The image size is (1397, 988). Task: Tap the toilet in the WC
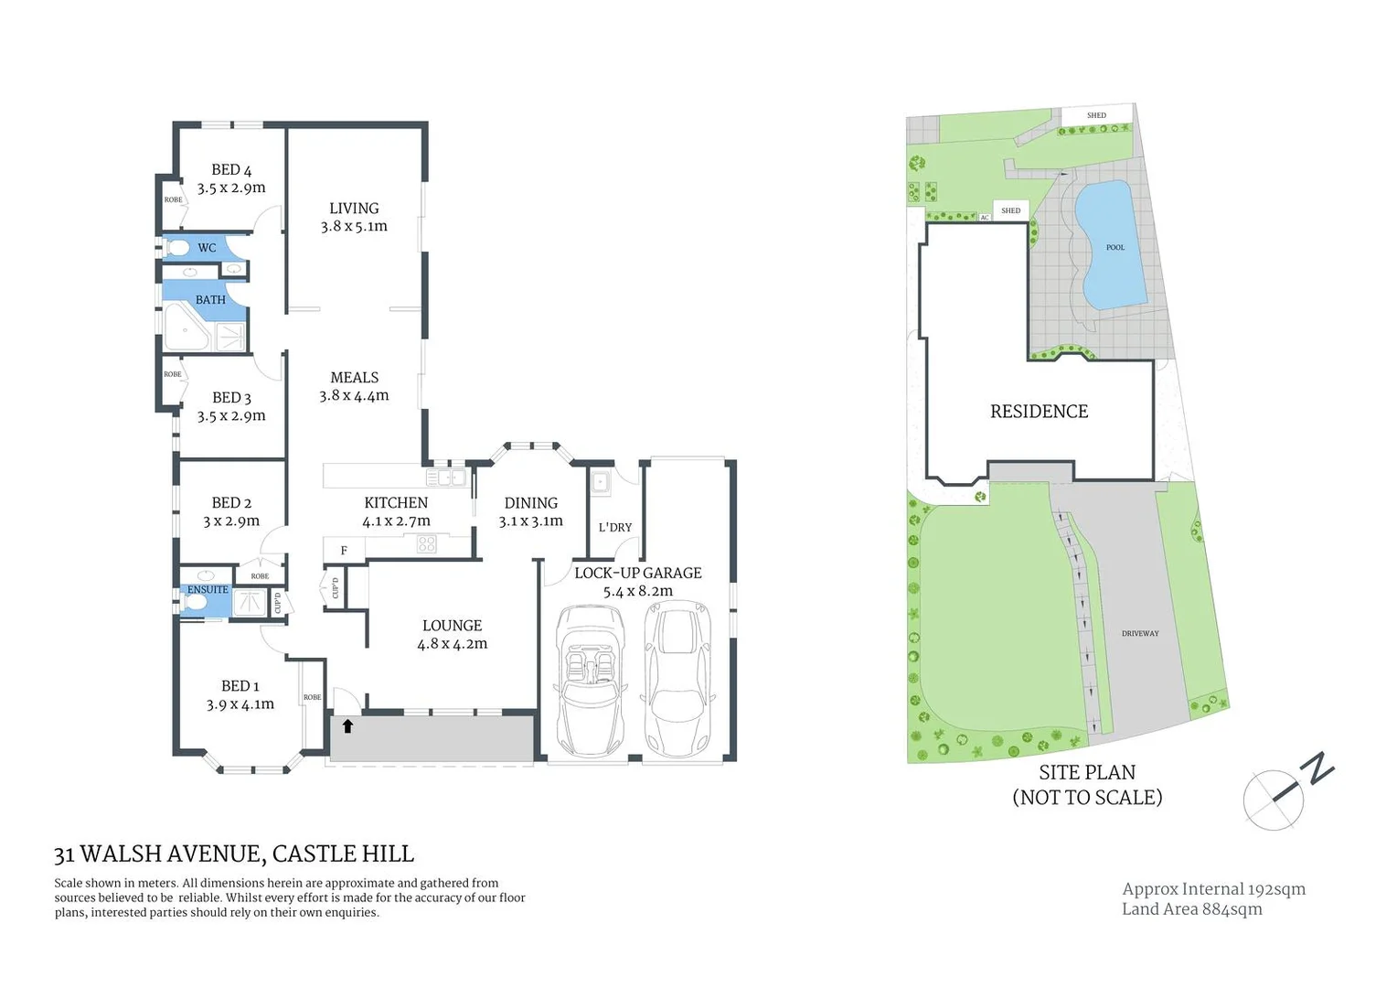(179, 247)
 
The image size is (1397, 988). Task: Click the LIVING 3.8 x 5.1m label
(354, 217)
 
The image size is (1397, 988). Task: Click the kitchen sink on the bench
(446, 478)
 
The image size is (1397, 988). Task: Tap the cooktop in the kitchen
(426, 544)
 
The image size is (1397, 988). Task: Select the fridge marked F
(344, 550)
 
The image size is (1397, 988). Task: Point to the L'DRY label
(614, 527)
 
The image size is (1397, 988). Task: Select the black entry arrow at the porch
(347, 726)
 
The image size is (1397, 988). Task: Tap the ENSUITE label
(208, 589)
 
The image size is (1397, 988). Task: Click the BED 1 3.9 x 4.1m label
(240, 694)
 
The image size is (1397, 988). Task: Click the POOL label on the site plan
(1114, 247)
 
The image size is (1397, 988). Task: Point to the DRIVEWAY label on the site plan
(1139, 633)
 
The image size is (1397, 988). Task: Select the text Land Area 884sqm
(1191, 908)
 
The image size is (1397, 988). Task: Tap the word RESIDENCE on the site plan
(1039, 412)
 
